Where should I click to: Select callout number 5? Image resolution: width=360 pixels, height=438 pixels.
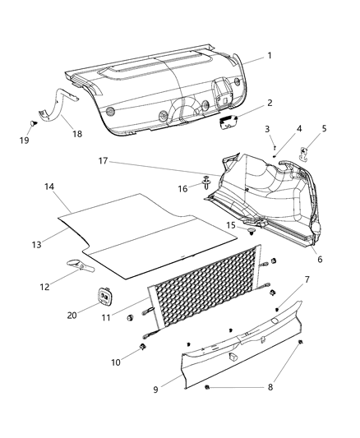(x=325, y=129)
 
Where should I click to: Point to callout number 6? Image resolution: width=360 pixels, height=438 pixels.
(x=319, y=260)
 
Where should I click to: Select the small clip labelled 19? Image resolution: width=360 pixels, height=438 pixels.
(x=31, y=122)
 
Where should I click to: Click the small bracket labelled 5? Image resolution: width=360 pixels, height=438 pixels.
(x=303, y=152)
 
